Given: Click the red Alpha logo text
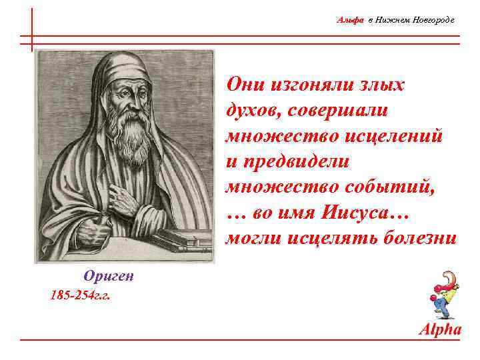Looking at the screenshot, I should pyautogui.click(x=439, y=329).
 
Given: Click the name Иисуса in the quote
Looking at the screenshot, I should pyautogui.click(x=365, y=213).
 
